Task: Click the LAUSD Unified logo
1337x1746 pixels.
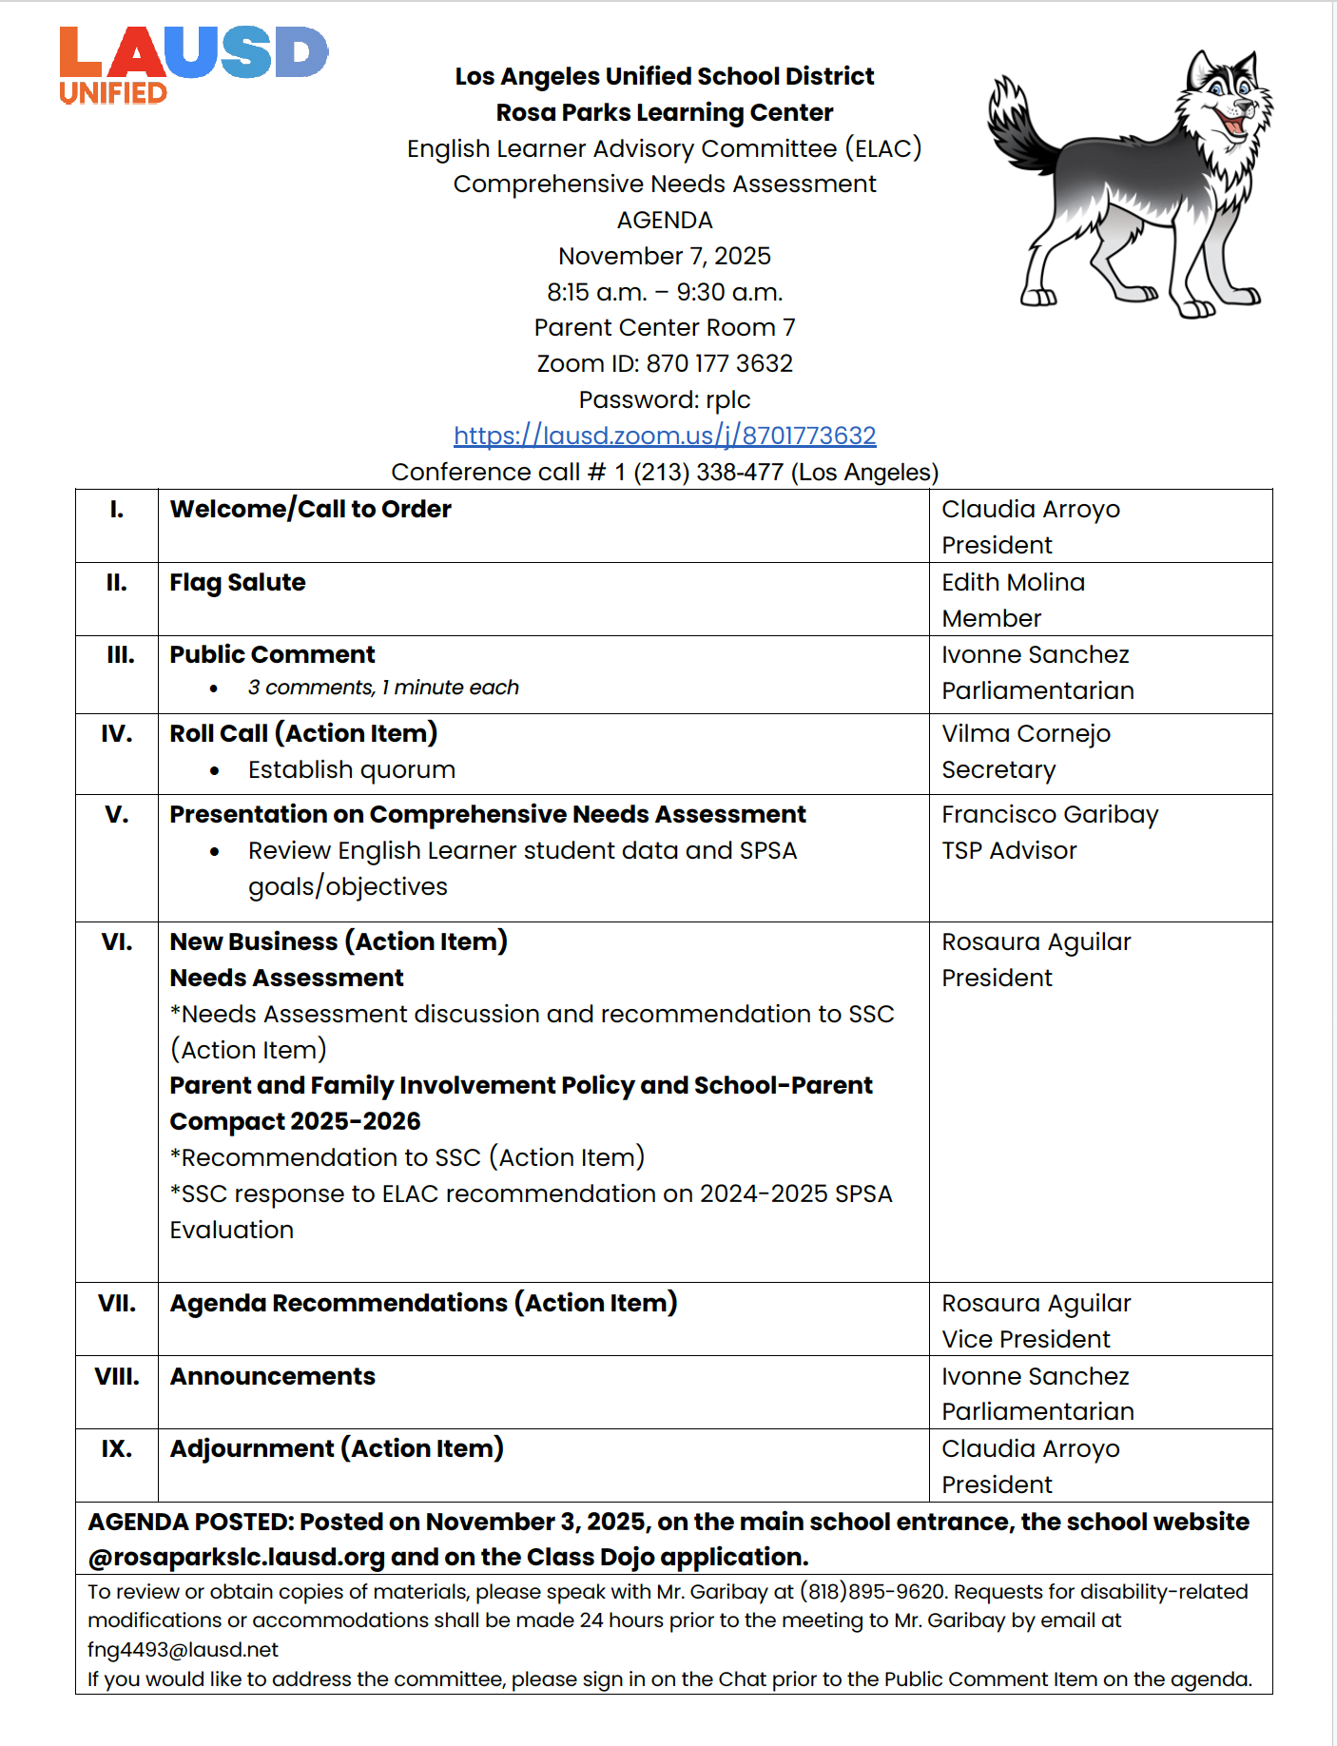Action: click(193, 65)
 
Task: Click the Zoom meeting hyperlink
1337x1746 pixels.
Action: click(665, 436)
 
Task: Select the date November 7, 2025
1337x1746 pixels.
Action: click(665, 256)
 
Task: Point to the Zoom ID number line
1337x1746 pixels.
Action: click(665, 363)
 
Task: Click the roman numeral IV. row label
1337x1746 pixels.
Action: click(117, 733)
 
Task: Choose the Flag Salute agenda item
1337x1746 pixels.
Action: click(238, 582)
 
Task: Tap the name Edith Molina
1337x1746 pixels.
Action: click(1013, 582)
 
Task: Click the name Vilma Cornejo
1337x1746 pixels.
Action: click(1025, 733)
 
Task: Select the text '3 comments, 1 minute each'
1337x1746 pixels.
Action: click(383, 688)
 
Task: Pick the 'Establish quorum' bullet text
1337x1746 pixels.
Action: click(352, 769)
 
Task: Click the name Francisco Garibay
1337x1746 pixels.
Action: click(1050, 814)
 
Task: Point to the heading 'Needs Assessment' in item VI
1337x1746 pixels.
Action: click(286, 978)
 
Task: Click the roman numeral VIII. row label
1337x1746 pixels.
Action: click(117, 1376)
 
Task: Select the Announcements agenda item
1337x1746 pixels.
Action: click(272, 1376)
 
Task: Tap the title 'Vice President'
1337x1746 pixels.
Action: click(1025, 1339)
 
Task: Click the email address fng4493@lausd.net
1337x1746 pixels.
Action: click(183, 1650)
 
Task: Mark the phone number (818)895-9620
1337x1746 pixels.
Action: click(872, 1592)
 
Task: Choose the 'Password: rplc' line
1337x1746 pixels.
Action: click(665, 399)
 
